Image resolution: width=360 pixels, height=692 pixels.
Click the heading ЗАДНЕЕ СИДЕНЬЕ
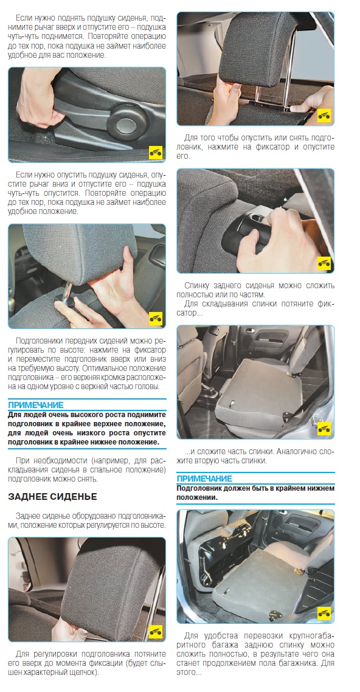point(52,497)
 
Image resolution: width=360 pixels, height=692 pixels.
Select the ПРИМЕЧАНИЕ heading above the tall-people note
point(36,405)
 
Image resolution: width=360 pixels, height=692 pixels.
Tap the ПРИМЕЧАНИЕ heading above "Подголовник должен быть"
point(204,479)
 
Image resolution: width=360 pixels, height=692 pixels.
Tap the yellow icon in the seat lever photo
point(155,152)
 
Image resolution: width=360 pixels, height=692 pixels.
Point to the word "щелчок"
point(81,673)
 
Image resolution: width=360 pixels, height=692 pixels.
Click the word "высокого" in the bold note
point(78,415)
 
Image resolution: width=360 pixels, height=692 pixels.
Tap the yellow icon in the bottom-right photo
point(324,612)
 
